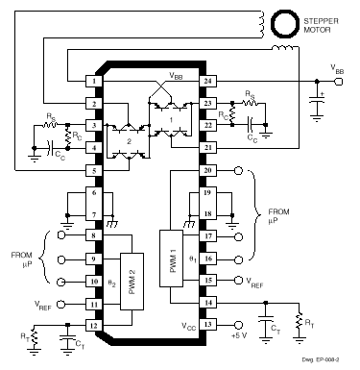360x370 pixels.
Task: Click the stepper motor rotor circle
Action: coord(284,22)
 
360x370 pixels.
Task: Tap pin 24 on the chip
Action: coord(206,82)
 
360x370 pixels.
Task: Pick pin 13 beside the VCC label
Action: coord(206,324)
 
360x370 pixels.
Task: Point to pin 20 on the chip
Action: coord(206,170)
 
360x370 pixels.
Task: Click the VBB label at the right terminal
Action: coord(337,68)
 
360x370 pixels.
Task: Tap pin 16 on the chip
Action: coord(206,259)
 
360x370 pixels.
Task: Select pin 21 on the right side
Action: coord(206,148)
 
